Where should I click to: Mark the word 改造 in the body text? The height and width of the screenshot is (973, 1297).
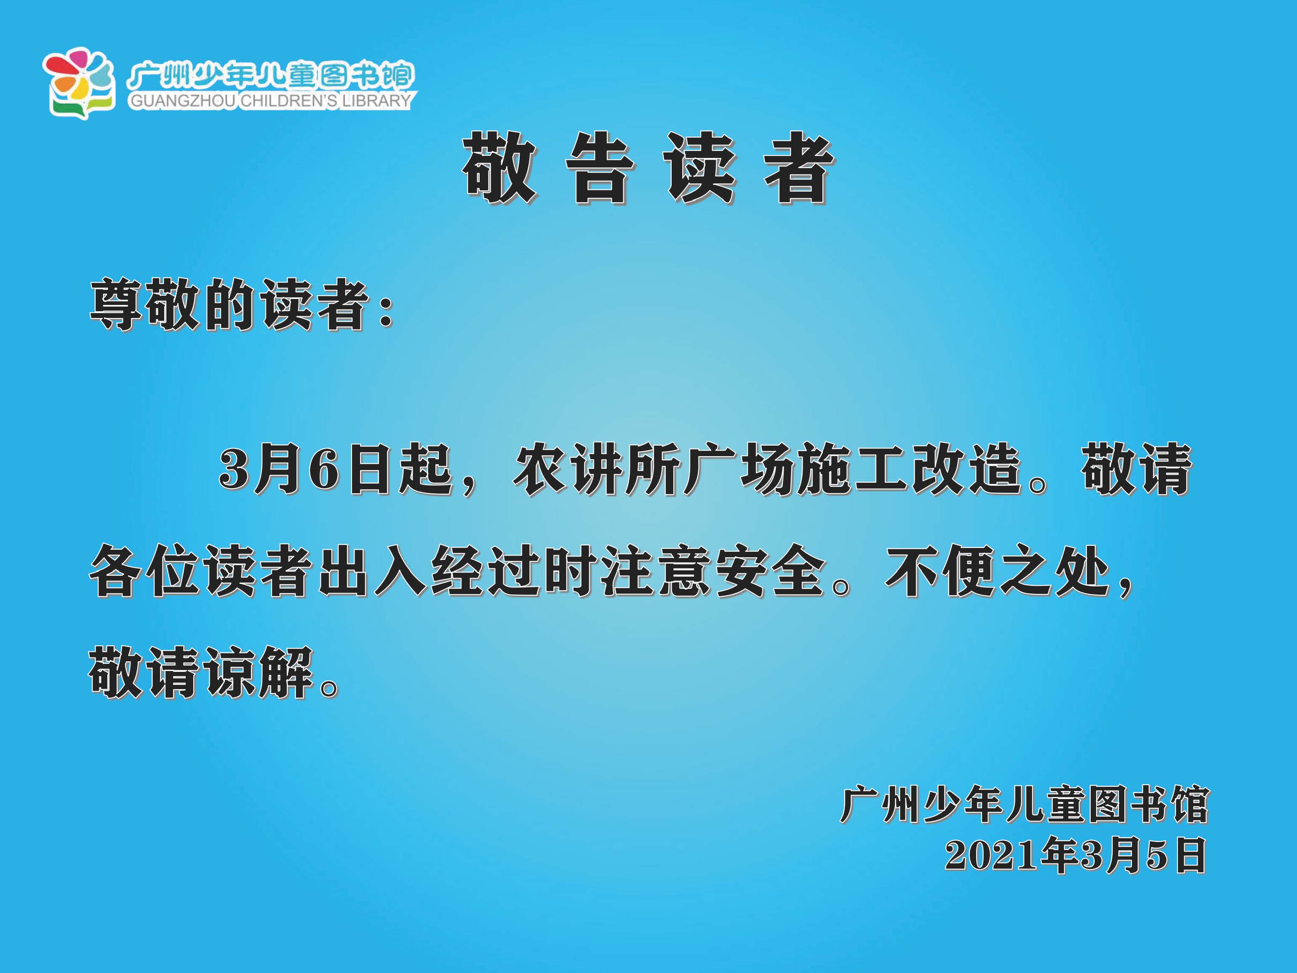tap(965, 469)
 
